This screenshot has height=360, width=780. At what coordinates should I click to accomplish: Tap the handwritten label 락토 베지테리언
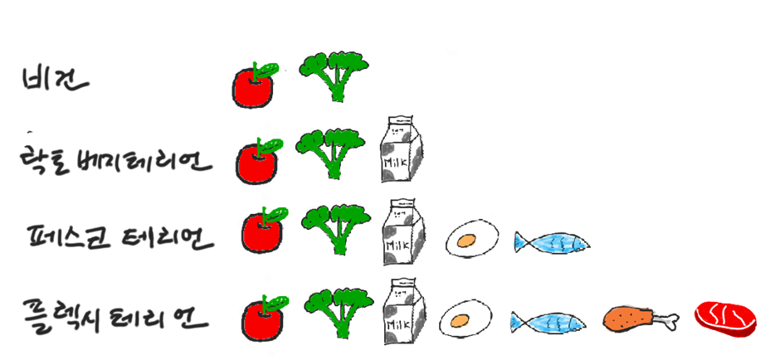click(x=115, y=161)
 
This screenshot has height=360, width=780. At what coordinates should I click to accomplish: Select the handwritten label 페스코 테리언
click(x=121, y=238)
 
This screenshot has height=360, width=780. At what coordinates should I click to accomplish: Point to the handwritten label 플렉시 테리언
click(x=116, y=316)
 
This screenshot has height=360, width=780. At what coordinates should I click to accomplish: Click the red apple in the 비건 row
click(x=254, y=86)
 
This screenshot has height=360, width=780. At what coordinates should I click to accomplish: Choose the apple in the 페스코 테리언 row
click(x=262, y=231)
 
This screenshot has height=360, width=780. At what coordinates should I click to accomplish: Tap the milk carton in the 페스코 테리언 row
click(x=403, y=231)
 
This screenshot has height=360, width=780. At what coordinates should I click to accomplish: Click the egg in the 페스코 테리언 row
click(x=471, y=239)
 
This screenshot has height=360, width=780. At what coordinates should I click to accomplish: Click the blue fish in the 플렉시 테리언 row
click(x=548, y=322)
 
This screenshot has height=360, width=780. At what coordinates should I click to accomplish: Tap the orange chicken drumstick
click(x=635, y=318)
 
